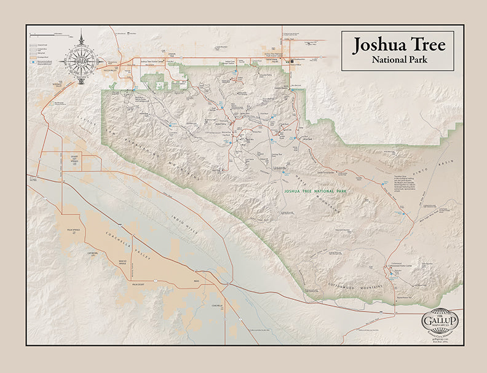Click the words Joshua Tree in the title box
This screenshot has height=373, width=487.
click(x=398, y=45)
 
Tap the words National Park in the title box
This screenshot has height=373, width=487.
click(x=398, y=60)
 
